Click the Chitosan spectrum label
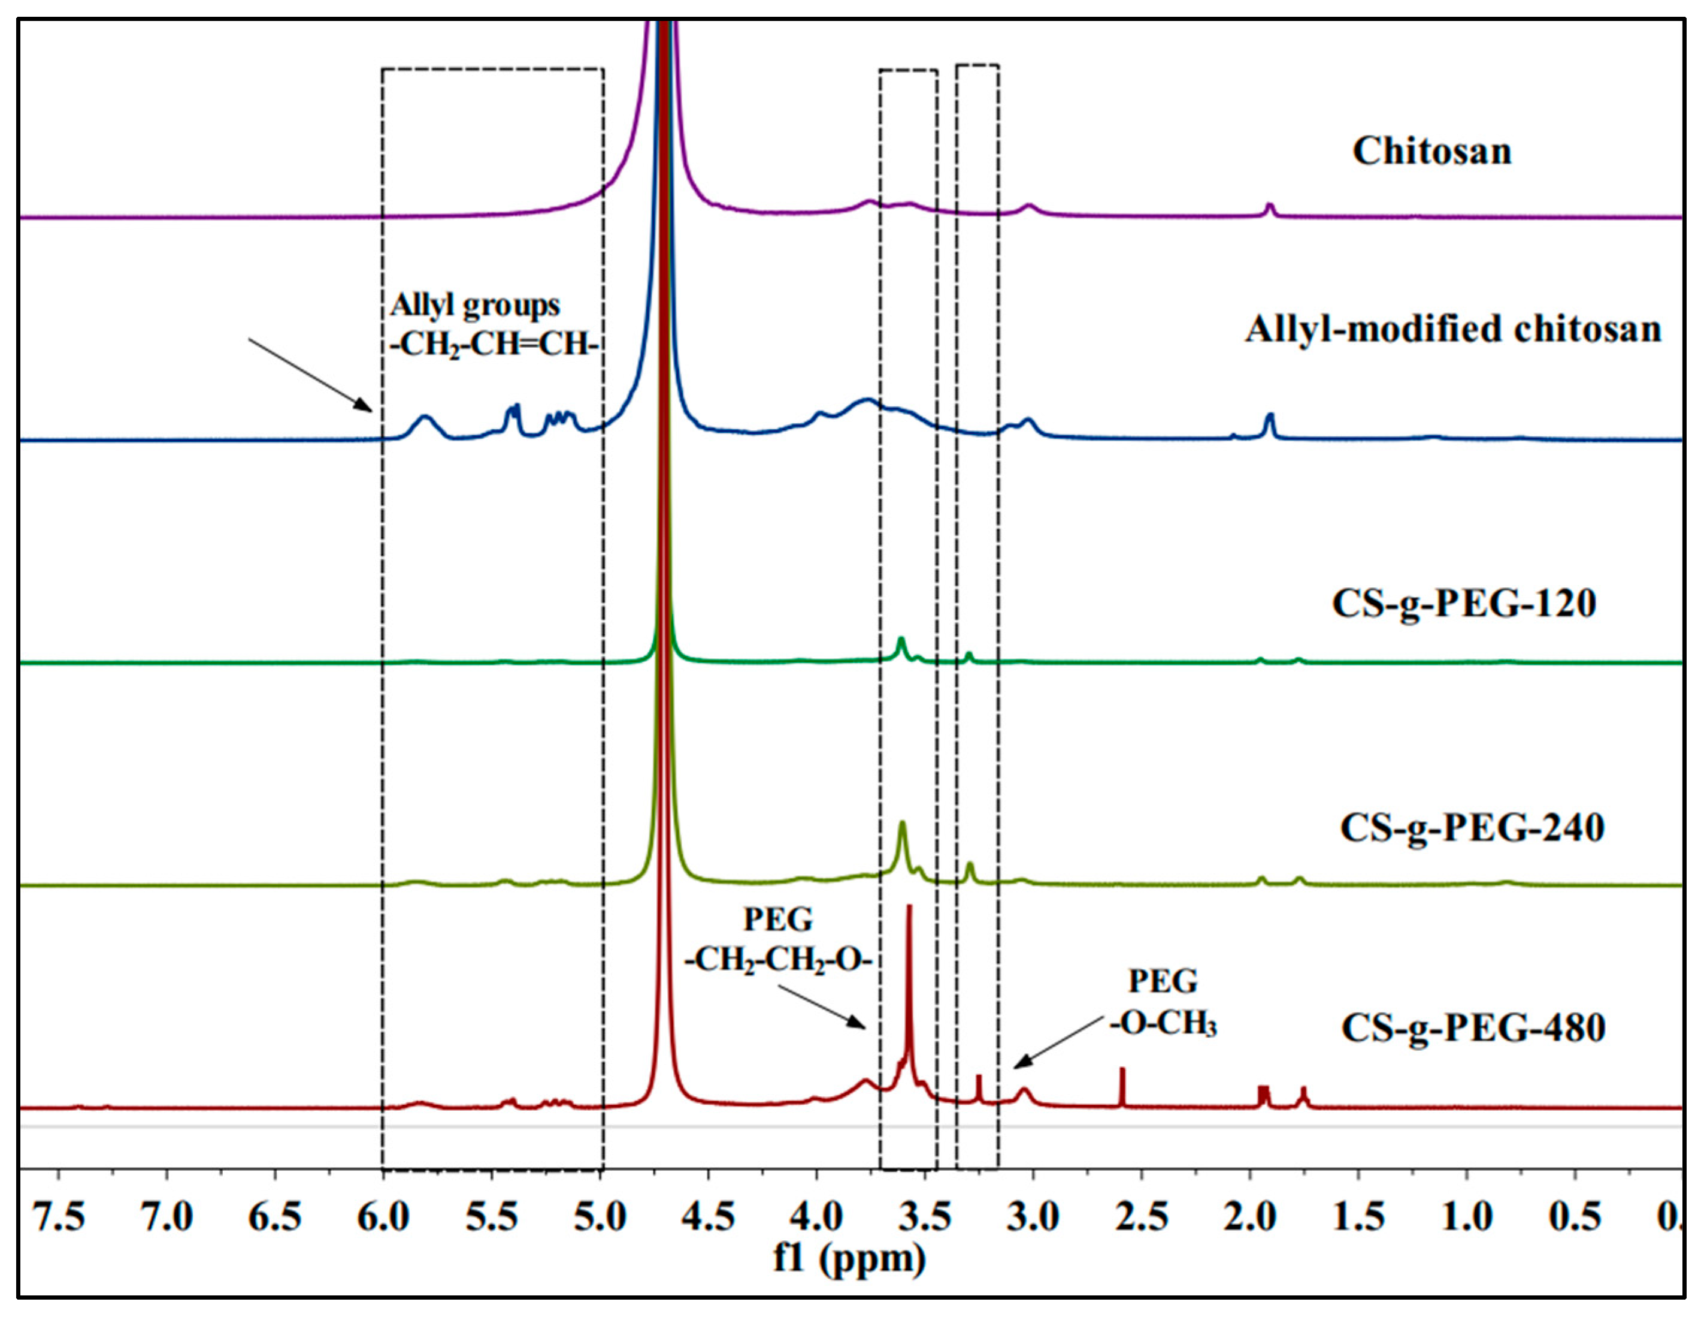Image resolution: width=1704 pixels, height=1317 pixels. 1431,152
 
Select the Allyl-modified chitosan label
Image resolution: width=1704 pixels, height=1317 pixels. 1453,329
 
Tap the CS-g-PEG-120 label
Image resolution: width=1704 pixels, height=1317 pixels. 1464,604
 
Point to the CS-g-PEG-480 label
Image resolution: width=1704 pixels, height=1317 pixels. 1473,1028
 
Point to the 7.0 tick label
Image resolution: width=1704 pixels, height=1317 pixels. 167,1217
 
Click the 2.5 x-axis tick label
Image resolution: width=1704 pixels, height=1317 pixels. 1142,1217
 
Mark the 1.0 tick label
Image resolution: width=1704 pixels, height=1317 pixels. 1467,1217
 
